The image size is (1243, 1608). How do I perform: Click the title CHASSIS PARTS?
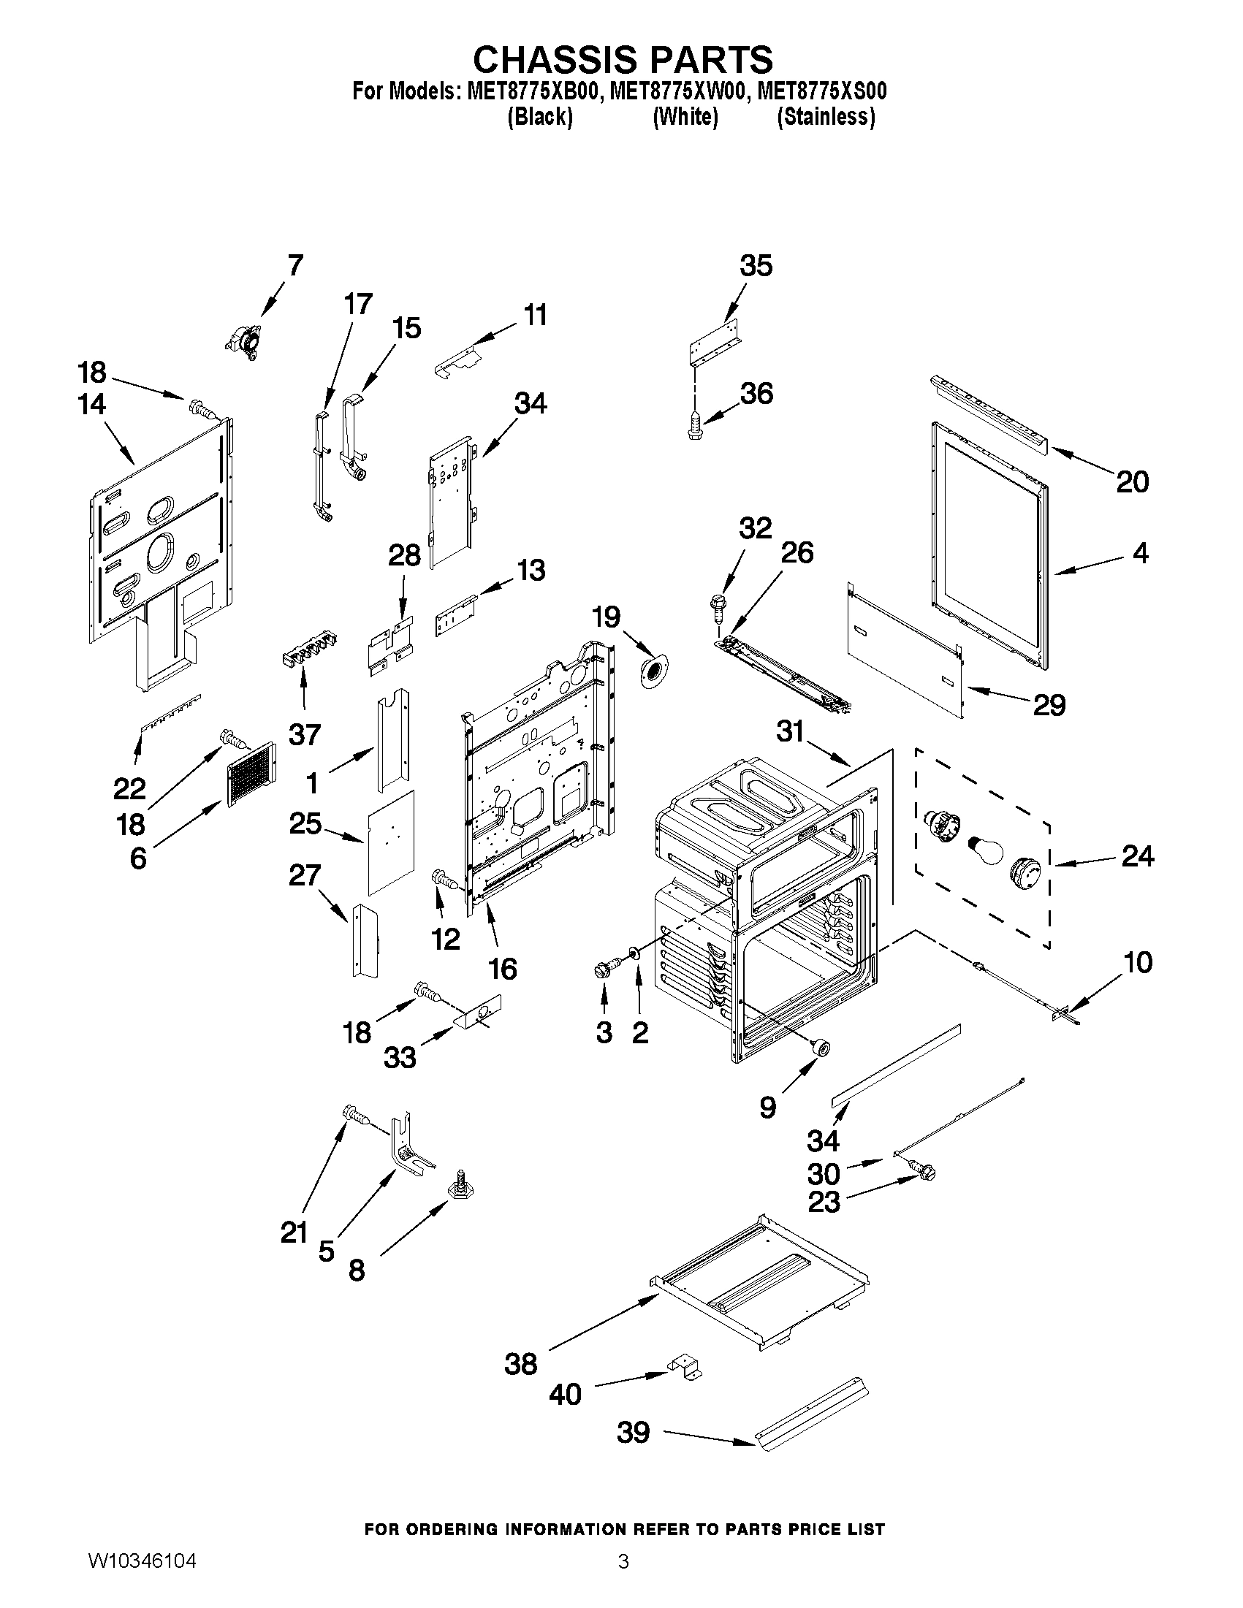(x=623, y=59)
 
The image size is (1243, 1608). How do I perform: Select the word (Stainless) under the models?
(x=826, y=117)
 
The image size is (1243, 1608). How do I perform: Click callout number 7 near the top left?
(x=294, y=265)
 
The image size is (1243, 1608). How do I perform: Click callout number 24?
(x=1137, y=856)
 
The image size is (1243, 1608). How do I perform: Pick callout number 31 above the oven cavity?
(x=791, y=731)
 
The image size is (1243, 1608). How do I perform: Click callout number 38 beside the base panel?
(x=520, y=1363)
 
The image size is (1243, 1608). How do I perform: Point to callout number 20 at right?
(x=1132, y=482)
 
